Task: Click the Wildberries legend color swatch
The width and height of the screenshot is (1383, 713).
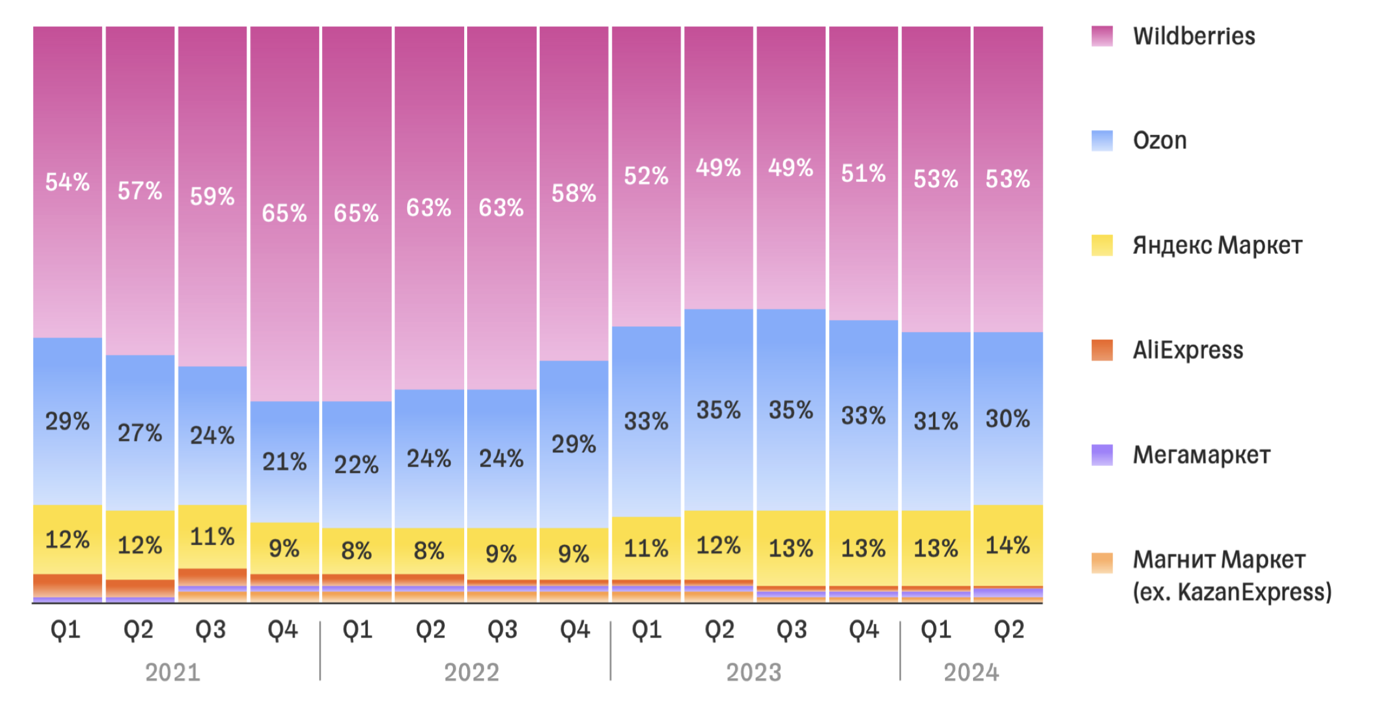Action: pyautogui.click(x=1101, y=36)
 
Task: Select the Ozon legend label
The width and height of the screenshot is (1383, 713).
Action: pyautogui.click(x=1160, y=141)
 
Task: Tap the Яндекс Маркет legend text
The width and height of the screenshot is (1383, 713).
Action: pyautogui.click(x=1217, y=246)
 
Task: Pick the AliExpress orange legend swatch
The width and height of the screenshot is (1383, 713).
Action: pyautogui.click(x=1101, y=350)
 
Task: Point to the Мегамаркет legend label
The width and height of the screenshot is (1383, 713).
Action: pyautogui.click(x=1201, y=455)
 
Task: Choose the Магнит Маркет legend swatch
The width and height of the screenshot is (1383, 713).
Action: pyautogui.click(x=1101, y=563)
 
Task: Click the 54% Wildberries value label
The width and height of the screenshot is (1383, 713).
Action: pyautogui.click(x=67, y=182)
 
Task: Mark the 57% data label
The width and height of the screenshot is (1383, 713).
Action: pyautogui.click(x=140, y=191)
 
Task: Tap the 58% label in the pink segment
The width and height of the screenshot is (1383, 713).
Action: pyautogui.click(x=574, y=194)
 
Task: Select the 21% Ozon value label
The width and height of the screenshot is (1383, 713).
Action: pyautogui.click(x=284, y=462)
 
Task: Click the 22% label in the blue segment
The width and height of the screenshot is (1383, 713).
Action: pyautogui.click(x=356, y=464)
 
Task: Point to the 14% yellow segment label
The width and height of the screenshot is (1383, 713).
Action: pyautogui.click(x=1008, y=545)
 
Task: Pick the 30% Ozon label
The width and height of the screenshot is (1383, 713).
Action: pyautogui.click(x=1008, y=419)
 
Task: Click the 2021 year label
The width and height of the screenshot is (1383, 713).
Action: pyautogui.click(x=172, y=672)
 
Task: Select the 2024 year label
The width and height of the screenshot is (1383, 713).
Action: pyautogui.click(x=971, y=672)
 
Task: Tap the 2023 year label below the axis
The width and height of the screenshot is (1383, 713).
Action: pyautogui.click(x=754, y=672)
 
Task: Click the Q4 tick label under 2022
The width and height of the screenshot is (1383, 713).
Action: pyautogui.click(x=574, y=630)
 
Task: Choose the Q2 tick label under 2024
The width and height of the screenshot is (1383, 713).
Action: pyautogui.click(x=1009, y=630)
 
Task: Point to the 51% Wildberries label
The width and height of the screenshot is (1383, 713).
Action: pyautogui.click(x=863, y=174)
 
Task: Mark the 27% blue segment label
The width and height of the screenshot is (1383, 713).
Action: pyautogui.click(x=140, y=433)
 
